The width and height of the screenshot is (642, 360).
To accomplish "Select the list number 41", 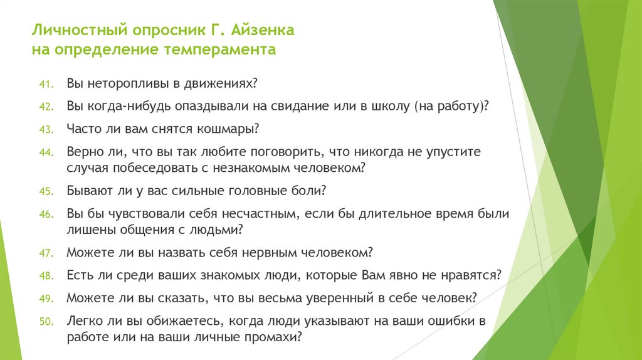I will [x=48, y=84].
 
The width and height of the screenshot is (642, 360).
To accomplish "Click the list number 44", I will [x=48, y=152].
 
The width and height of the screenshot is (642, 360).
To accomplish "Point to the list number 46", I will [x=48, y=214].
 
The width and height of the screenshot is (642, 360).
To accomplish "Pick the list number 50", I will [x=48, y=322].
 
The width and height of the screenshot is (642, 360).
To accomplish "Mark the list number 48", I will [x=48, y=275].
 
